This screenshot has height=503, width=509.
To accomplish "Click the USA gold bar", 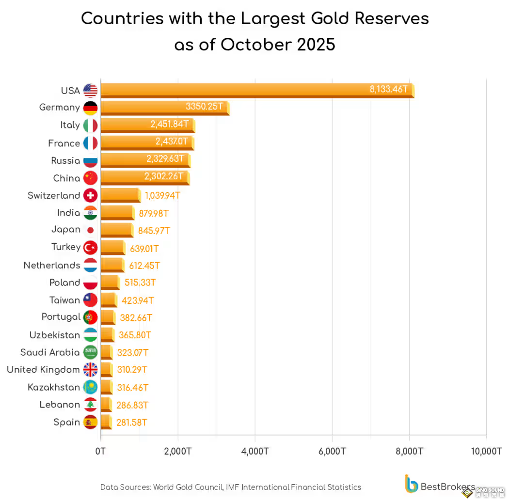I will tap(257, 90).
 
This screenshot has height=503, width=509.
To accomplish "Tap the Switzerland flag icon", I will tap(91, 195).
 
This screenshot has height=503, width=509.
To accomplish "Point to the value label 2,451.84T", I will tap(169, 125).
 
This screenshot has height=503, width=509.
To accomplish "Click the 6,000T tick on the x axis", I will tap(332, 451).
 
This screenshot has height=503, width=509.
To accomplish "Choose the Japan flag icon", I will tap(91, 230).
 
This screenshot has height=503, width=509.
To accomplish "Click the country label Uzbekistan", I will tap(54, 335).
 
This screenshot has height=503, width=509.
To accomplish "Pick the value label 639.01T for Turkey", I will tap(144, 249).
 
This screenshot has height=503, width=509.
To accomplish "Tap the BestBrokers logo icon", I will tap(411, 484).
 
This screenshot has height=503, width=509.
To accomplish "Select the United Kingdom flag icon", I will tap(91, 370).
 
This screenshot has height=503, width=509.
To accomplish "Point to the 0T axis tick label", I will tap(101, 451).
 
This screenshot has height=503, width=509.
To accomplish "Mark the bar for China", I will tap(144, 177).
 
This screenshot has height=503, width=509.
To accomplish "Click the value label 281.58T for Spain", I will tap(131, 423).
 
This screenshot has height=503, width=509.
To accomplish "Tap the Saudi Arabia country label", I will tap(50, 352).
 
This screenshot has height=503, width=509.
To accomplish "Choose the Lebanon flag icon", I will tap(91, 405).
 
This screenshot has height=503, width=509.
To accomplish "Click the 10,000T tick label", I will tap(486, 451).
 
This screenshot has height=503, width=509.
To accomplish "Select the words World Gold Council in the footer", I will tap(188, 487).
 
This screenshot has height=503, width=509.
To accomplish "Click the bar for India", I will tap(117, 212).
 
